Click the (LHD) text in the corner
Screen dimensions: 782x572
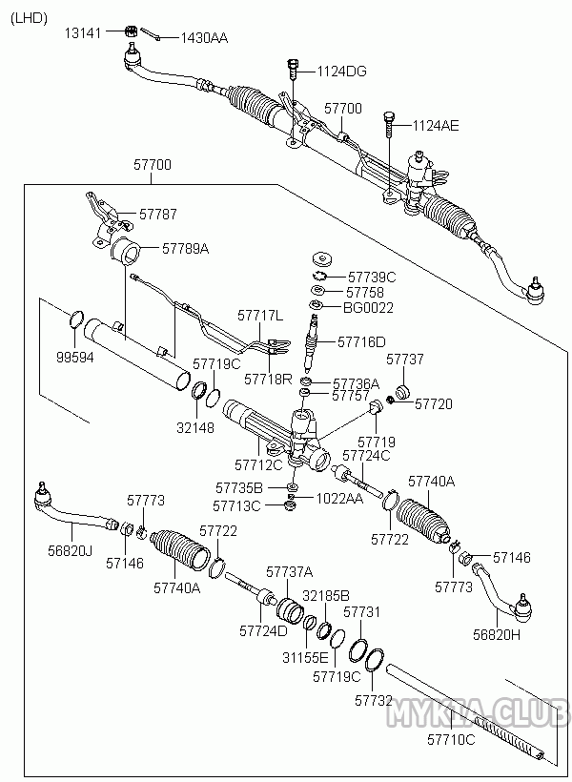tap(29, 16)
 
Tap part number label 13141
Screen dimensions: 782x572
tap(82, 33)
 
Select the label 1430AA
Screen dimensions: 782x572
tap(204, 38)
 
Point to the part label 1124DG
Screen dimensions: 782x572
tap(341, 72)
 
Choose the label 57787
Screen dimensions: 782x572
tap(158, 215)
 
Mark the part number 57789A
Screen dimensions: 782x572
tap(185, 248)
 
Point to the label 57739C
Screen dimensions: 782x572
tap(372, 277)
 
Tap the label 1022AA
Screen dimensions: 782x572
tap(339, 497)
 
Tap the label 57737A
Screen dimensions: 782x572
tap(290, 572)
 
